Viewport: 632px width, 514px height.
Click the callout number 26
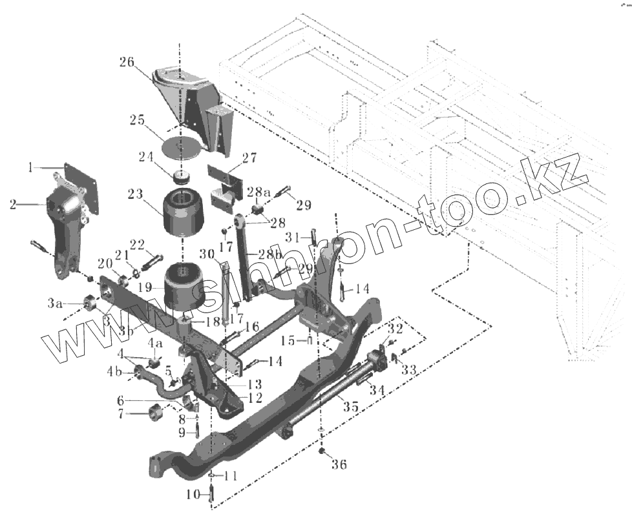click(126, 63)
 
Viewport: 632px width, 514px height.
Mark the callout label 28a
click(258, 192)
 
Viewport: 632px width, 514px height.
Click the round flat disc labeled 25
click(178, 146)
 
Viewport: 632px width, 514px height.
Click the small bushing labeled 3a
click(90, 302)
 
